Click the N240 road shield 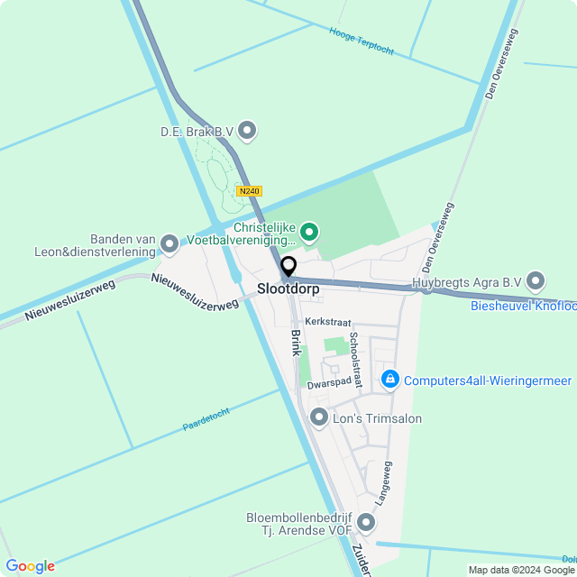click(x=249, y=191)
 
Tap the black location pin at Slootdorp click(x=288, y=267)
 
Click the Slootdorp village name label click(x=288, y=289)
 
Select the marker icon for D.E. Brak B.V click(x=247, y=132)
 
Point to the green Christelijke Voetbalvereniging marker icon click(x=309, y=233)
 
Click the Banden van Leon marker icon click(x=169, y=243)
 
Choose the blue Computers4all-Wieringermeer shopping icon click(x=389, y=380)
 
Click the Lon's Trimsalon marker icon click(x=318, y=417)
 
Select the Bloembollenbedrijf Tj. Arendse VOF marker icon click(x=365, y=523)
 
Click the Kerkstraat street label click(x=325, y=321)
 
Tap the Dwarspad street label click(x=328, y=382)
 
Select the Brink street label click(x=294, y=343)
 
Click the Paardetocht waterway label click(x=206, y=418)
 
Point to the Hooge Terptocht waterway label click(x=362, y=41)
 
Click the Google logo click(x=30, y=566)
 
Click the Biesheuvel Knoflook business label click(x=523, y=306)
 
